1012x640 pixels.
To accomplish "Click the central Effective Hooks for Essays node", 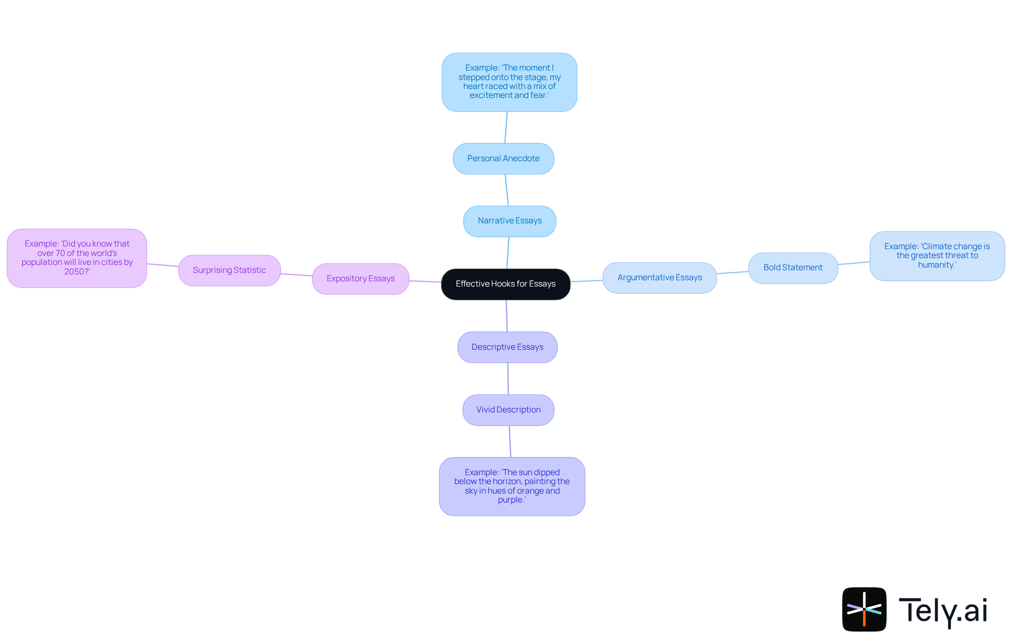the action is [505, 284].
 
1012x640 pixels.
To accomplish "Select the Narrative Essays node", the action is [509, 221].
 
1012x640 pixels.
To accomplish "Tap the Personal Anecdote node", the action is [503, 159].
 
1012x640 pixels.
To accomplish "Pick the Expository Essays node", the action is [360, 279].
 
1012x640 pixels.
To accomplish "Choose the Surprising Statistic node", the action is [229, 270].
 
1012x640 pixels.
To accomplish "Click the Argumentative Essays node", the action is [659, 278].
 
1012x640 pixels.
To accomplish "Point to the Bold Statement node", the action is [793, 268].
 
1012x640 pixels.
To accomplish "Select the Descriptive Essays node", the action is [507, 347].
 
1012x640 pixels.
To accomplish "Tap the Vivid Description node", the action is [508, 410].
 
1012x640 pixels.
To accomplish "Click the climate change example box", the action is [937, 256].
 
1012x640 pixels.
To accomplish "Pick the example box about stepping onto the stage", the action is [509, 82].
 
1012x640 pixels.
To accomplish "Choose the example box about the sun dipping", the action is [512, 486].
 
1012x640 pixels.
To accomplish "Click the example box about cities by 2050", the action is [77, 258].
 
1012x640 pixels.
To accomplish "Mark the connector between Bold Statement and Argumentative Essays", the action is [733, 272].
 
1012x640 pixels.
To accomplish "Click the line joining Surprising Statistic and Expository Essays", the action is [296, 274].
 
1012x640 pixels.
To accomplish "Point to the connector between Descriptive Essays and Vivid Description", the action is [508, 378].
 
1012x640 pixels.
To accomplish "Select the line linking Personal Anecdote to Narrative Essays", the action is [507, 190].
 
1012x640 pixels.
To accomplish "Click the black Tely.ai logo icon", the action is [864, 609].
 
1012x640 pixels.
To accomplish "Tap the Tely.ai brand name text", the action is [942, 611].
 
